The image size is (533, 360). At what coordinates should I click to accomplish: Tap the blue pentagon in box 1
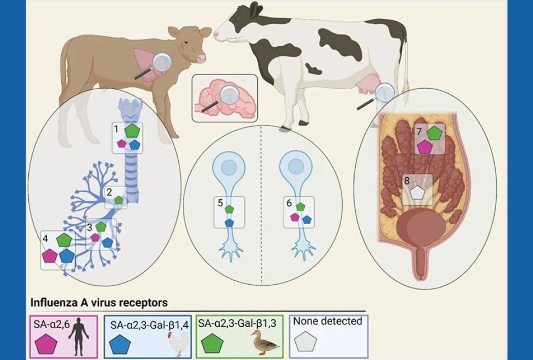[x=134, y=145]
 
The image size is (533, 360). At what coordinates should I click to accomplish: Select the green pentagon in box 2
[x=119, y=200]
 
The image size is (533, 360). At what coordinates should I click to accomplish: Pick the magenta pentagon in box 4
[x=50, y=256]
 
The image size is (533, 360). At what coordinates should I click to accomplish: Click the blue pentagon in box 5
[x=229, y=223]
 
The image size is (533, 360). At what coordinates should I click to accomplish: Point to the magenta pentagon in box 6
[x=295, y=217]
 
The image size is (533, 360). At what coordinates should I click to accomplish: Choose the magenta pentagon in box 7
[x=424, y=147]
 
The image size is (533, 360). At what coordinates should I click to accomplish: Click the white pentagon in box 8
[x=417, y=193]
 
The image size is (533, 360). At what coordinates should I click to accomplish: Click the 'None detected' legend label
[x=327, y=321]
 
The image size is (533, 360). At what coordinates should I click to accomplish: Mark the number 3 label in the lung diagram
[x=90, y=227]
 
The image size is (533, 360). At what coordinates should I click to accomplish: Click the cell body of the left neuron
[x=229, y=167]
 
